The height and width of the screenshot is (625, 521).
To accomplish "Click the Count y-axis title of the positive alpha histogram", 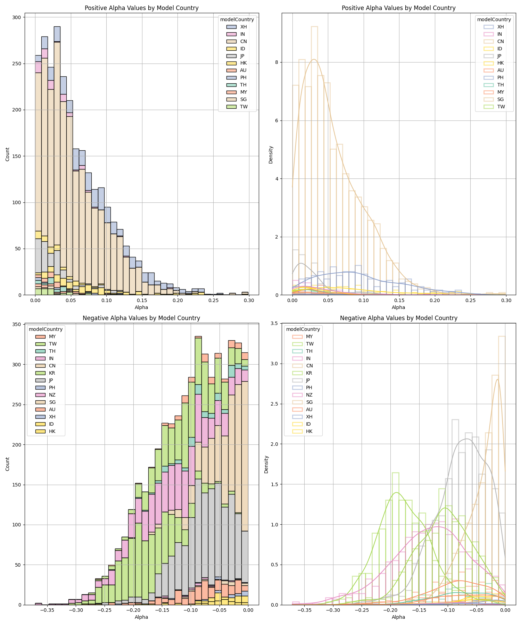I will (8, 154).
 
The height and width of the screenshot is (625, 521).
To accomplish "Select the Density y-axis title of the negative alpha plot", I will (266, 464).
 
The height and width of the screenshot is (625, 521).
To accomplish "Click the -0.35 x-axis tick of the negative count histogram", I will (48, 610).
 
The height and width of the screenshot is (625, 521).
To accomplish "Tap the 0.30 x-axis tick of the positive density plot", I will (506, 300).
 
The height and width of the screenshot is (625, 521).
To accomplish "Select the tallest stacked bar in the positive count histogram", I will (57, 160).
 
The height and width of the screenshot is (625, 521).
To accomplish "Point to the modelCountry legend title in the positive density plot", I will (494, 19).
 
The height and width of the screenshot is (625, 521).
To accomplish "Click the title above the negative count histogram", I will (141, 318).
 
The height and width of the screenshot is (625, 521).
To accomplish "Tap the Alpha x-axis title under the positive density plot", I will (398, 307).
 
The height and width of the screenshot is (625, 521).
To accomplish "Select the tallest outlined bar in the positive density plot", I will (314, 160).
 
